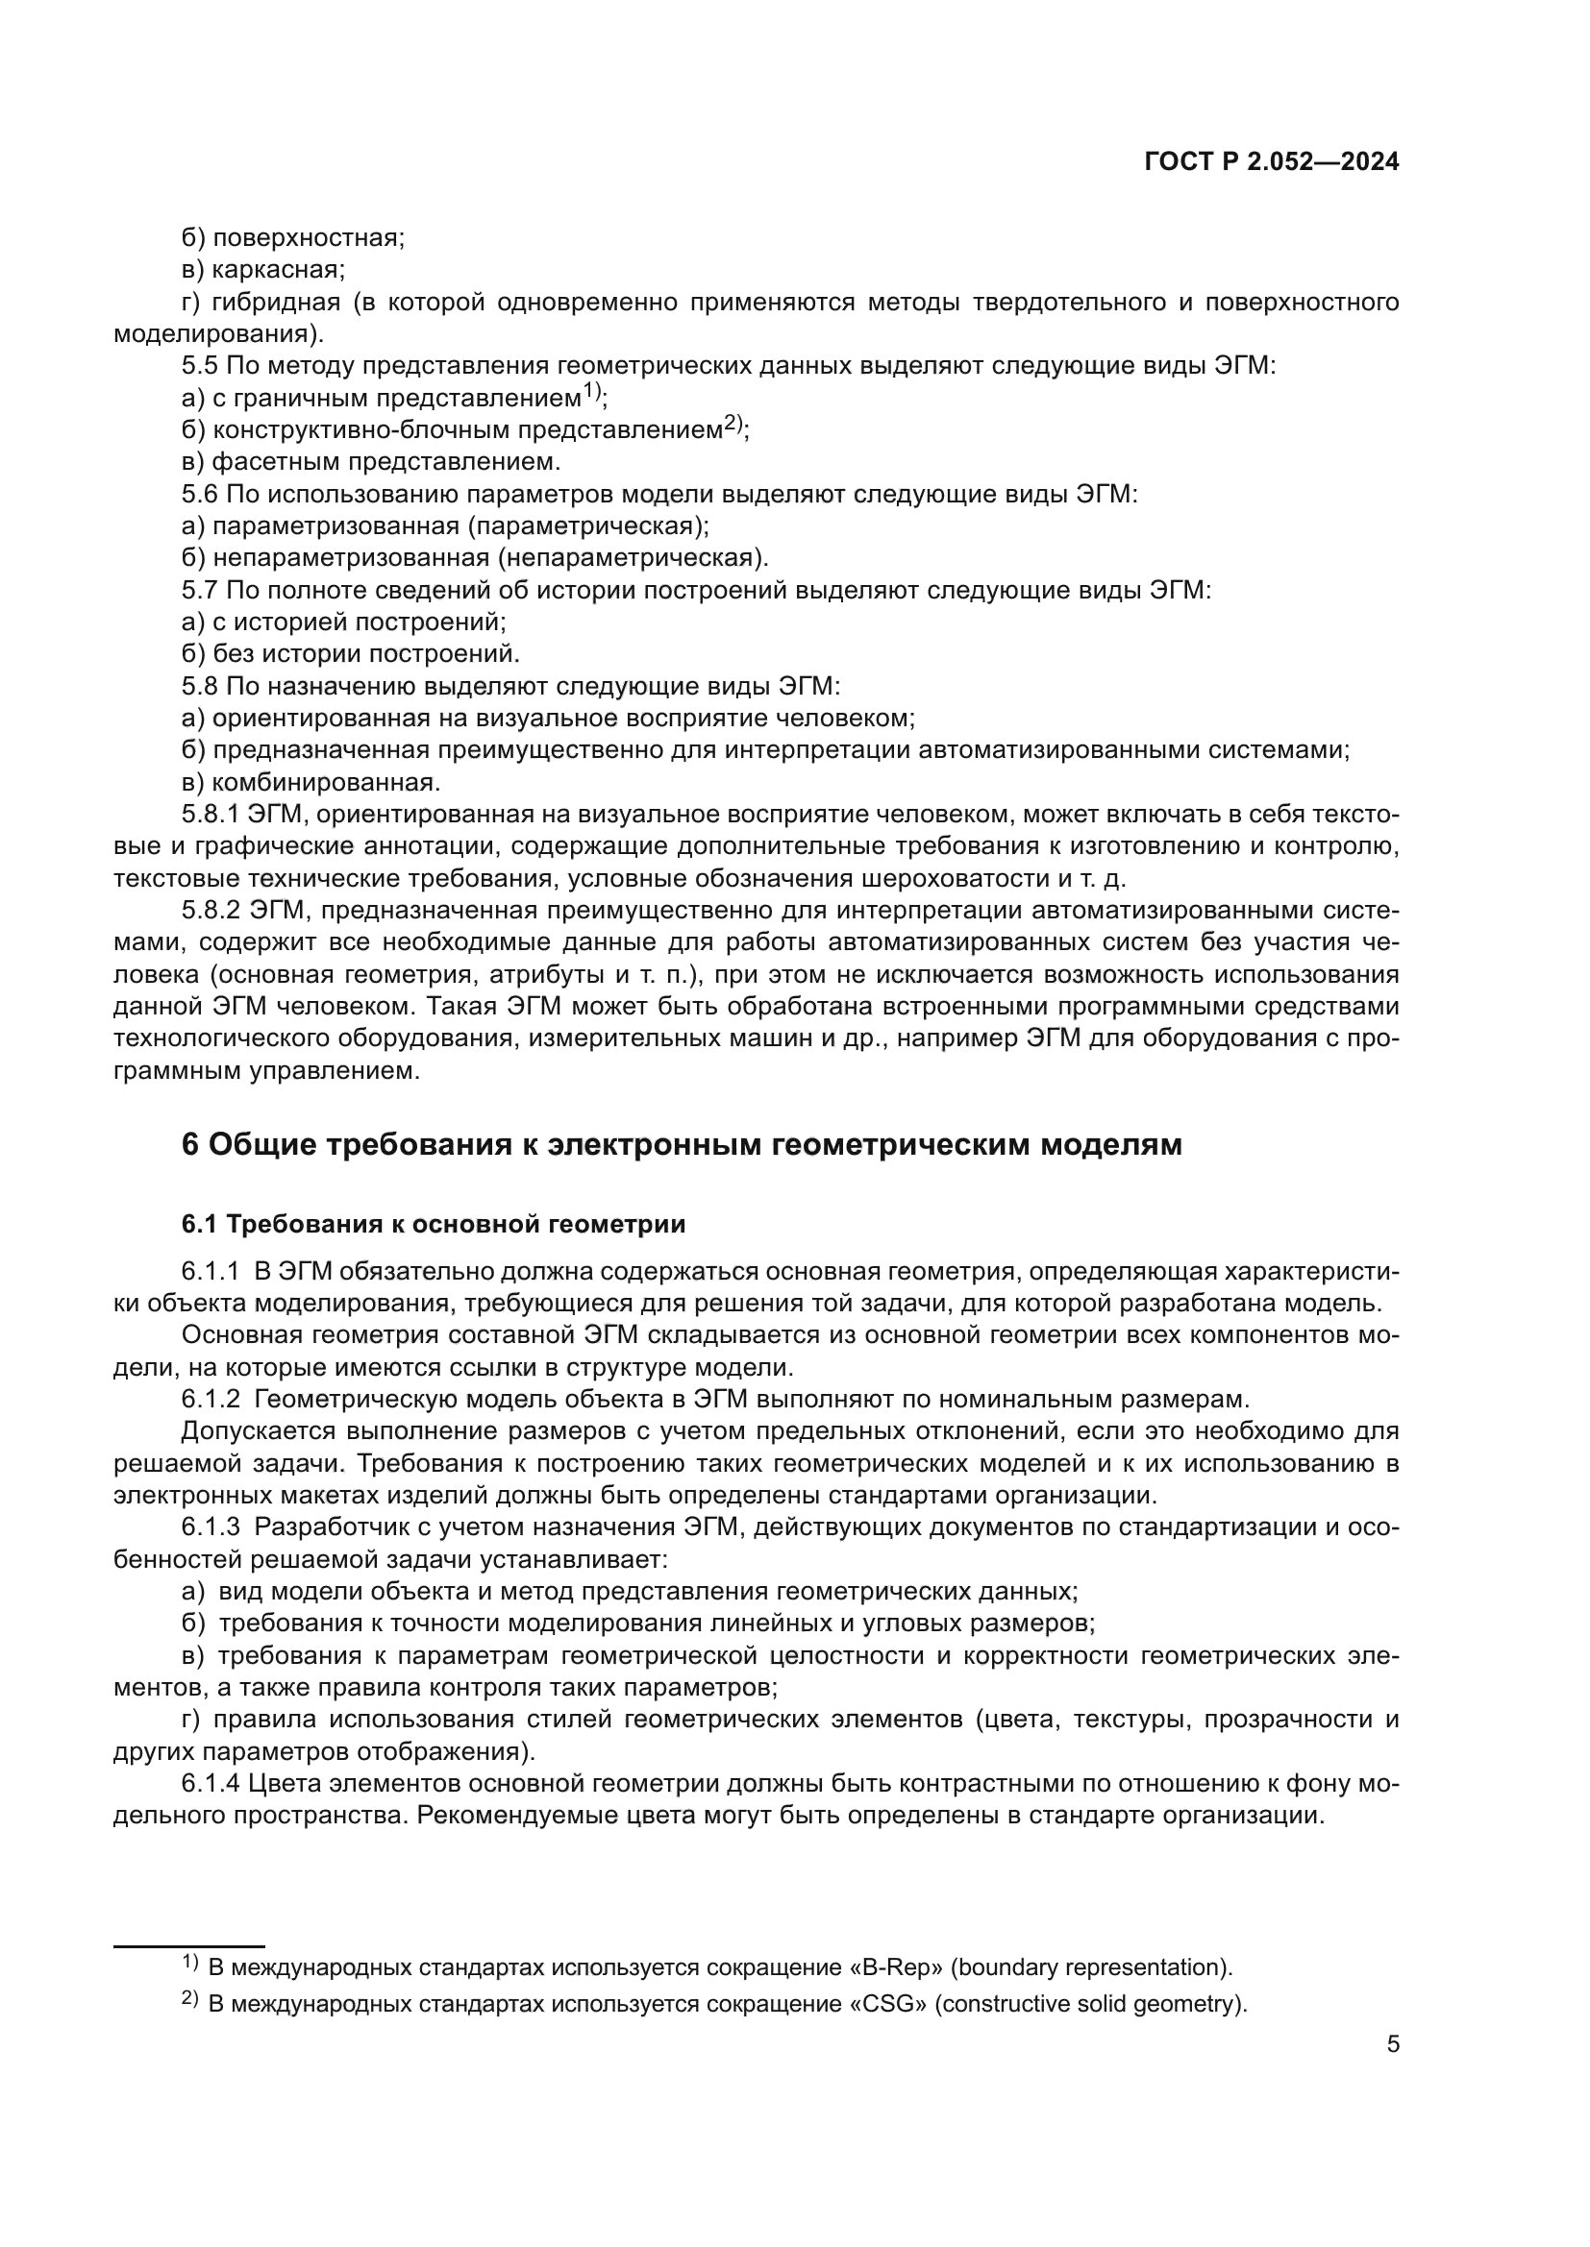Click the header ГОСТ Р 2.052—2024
coord(1271,162)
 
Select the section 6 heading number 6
coord(190,1144)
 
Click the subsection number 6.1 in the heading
coord(199,1224)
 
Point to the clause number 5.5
coord(200,366)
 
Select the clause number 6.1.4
coord(211,1783)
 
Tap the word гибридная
coord(276,302)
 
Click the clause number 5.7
coord(200,590)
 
